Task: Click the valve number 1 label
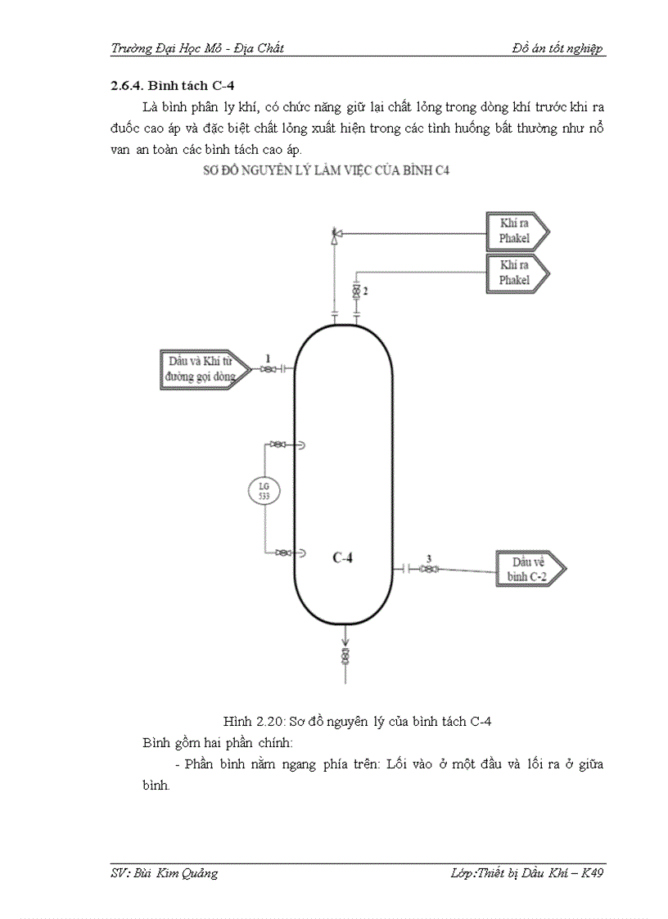(267, 358)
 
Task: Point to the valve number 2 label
(365, 291)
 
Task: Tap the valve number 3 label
(428, 558)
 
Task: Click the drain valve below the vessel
(345, 657)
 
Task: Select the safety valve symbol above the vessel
(334, 236)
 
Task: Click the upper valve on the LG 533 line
(280, 445)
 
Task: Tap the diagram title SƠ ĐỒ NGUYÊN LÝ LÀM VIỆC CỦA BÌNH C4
(327, 170)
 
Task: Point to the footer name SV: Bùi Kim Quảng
(165, 873)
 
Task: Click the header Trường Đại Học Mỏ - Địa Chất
(197, 48)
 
